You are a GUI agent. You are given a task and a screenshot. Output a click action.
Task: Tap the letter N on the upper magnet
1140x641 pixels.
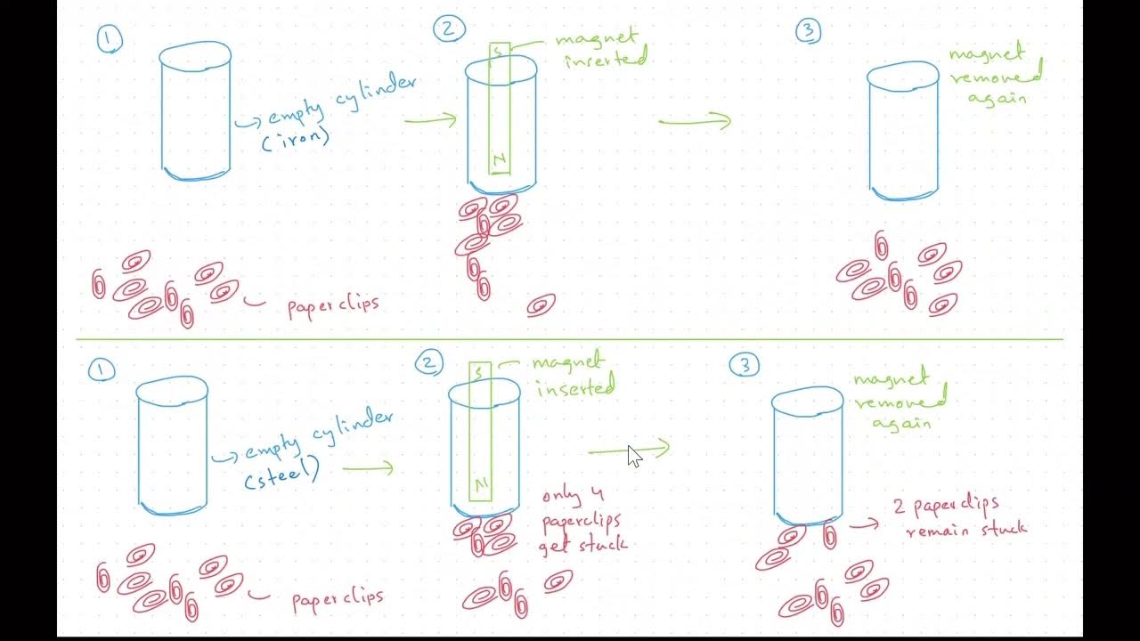[x=500, y=160]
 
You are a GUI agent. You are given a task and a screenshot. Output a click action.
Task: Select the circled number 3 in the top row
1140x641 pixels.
[x=807, y=32]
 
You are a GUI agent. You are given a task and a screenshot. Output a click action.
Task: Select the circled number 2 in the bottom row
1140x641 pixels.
[x=429, y=362]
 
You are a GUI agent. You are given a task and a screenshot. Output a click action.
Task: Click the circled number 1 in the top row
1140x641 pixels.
[x=110, y=40]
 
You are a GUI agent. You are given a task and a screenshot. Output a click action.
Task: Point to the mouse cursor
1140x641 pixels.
[x=633, y=455]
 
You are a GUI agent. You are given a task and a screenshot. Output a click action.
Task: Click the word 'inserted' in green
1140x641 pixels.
[x=575, y=387]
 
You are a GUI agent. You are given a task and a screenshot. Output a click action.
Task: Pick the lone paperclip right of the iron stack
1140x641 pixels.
[x=541, y=306]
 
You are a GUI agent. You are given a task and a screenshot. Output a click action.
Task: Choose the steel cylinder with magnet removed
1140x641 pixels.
[x=807, y=454]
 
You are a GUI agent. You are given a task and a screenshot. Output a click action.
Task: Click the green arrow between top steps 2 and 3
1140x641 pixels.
[x=696, y=121]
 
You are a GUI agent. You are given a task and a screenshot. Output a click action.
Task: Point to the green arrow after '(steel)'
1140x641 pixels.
[x=367, y=467]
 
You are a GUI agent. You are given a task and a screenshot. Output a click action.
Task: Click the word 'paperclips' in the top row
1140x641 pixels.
[x=333, y=305]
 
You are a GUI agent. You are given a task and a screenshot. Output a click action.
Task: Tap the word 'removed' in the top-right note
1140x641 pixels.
[x=994, y=78]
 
